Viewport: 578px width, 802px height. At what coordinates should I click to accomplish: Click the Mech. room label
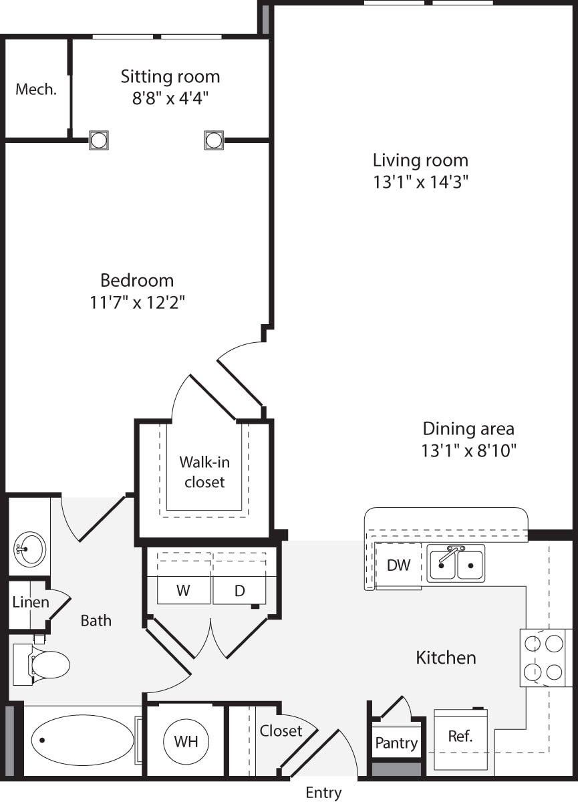[36, 89]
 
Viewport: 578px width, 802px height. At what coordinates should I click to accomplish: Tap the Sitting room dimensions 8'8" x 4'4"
[170, 98]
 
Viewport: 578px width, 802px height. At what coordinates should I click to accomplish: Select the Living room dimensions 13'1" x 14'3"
[421, 182]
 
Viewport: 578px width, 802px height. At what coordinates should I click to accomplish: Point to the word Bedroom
[137, 280]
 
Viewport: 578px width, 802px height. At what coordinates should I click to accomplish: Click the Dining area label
[468, 428]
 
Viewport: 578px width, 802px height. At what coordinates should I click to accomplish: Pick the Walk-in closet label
[204, 472]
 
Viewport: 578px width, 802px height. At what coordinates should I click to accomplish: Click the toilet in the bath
[41, 664]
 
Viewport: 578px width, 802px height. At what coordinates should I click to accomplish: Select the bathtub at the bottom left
[82, 740]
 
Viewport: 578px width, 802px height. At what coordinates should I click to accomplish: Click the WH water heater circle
[186, 741]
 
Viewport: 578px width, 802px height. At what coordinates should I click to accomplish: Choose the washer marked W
[184, 590]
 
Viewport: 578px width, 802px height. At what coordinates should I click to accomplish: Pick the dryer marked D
[239, 590]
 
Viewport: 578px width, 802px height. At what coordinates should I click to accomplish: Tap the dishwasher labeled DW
[399, 565]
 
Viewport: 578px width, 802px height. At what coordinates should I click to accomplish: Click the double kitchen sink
[456, 564]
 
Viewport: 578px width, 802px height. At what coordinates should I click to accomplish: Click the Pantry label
[396, 743]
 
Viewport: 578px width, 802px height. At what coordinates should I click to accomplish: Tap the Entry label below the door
[323, 791]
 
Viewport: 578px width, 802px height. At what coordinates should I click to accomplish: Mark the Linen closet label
[31, 602]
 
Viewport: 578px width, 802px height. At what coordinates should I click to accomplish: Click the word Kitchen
[446, 658]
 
